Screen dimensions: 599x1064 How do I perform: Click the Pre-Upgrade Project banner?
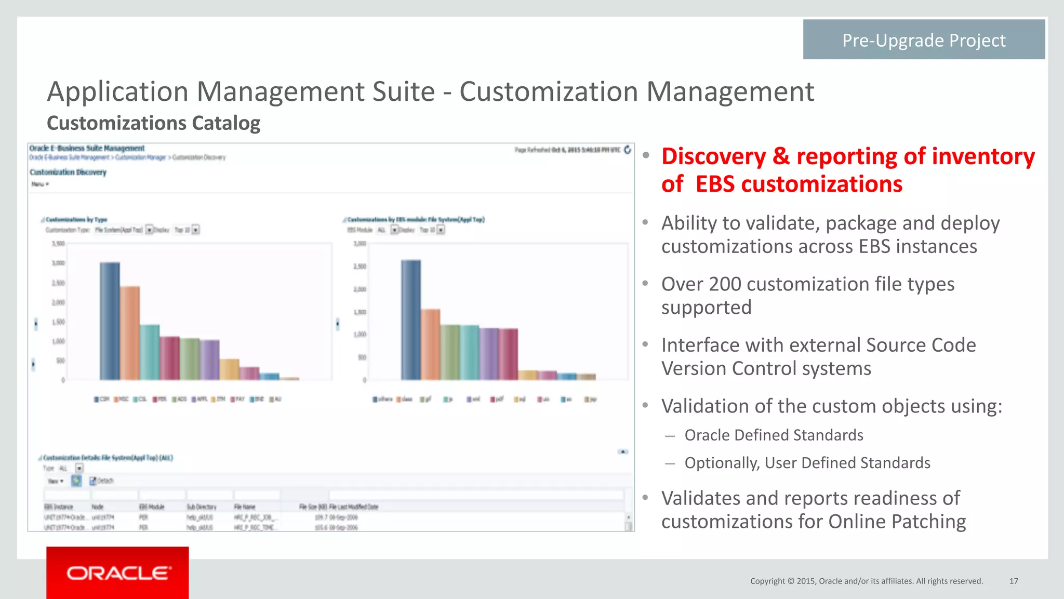923,40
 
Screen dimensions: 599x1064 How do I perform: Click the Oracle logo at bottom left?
117,573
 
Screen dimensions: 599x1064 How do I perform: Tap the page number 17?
1013,581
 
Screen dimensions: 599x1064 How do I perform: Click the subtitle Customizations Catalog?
153,123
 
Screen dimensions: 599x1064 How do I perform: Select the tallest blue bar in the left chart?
110,321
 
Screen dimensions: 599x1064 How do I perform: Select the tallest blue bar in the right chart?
410,320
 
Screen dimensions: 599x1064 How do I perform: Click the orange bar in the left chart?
130,332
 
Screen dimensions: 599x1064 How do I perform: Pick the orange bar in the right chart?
430,344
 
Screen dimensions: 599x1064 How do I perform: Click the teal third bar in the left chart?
150,352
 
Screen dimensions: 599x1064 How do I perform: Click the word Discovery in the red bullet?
713,156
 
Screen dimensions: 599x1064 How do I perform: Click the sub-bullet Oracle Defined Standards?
774,435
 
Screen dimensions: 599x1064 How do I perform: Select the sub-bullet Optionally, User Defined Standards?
807,462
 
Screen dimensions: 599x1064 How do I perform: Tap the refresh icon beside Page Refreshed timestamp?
628,150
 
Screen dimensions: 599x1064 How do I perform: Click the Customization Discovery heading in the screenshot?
68,172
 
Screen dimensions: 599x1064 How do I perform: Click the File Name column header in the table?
245,507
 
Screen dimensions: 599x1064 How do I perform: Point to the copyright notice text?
866,581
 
